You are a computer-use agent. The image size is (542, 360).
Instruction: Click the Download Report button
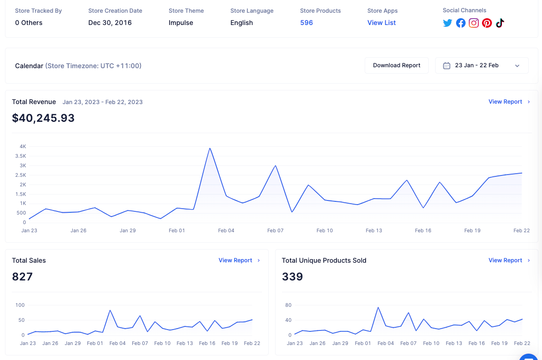396,65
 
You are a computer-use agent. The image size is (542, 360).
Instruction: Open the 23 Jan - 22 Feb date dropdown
482,65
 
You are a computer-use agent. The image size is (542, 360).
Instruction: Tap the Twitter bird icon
447,23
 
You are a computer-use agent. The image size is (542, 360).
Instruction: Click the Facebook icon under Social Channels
461,23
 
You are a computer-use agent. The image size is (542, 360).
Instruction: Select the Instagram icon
473,23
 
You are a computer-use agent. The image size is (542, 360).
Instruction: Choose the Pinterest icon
487,23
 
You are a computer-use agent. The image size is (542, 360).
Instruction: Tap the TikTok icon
500,23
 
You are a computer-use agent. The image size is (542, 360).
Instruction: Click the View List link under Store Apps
381,23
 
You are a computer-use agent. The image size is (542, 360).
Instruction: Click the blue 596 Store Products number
306,23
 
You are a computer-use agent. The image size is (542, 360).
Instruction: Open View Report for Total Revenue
509,101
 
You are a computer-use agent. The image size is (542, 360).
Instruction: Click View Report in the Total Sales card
239,260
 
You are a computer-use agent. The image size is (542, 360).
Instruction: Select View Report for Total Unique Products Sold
509,260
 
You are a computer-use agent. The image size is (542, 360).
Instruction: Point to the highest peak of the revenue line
210,149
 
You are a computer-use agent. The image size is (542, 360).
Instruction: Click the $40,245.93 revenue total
43,118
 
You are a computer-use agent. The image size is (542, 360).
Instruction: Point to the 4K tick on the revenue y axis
23,146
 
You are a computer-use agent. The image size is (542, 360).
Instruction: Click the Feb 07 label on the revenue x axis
275,230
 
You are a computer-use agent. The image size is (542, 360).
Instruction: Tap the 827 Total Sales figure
22,276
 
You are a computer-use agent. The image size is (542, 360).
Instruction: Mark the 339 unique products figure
292,276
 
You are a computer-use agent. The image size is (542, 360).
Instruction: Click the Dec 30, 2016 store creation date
110,23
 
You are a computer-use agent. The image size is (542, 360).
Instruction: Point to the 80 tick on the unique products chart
288,305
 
